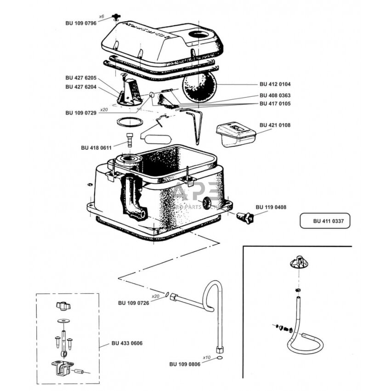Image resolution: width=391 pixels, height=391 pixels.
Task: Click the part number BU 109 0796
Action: click(x=81, y=23)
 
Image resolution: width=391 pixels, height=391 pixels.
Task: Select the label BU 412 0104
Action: click(x=275, y=85)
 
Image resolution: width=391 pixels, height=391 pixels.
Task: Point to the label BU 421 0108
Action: click(x=275, y=125)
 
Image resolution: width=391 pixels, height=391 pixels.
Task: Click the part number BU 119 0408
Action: click(x=271, y=207)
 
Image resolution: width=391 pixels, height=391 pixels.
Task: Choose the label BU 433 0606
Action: click(x=127, y=343)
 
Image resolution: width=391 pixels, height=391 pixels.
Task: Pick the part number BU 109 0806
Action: click(x=185, y=364)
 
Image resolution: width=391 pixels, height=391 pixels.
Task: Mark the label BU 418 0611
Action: click(x=96, y=147)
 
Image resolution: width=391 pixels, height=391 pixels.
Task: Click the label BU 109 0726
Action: click(x=134, y=303)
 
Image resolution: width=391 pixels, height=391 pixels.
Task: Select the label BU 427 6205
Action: click(x=81, y=78)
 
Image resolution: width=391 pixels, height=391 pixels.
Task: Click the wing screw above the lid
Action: click(x=117, y=18)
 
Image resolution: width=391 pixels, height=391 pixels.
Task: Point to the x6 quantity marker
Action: click(x=102, y=17)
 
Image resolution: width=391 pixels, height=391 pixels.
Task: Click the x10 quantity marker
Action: click(x=207, y=357)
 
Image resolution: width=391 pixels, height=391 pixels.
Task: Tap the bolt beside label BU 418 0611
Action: click(x=130, y=139)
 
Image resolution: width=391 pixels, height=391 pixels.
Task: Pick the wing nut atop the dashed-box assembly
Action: click(x=62, y=306)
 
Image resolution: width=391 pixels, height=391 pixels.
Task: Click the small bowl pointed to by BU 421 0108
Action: click(x=235, y=134)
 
